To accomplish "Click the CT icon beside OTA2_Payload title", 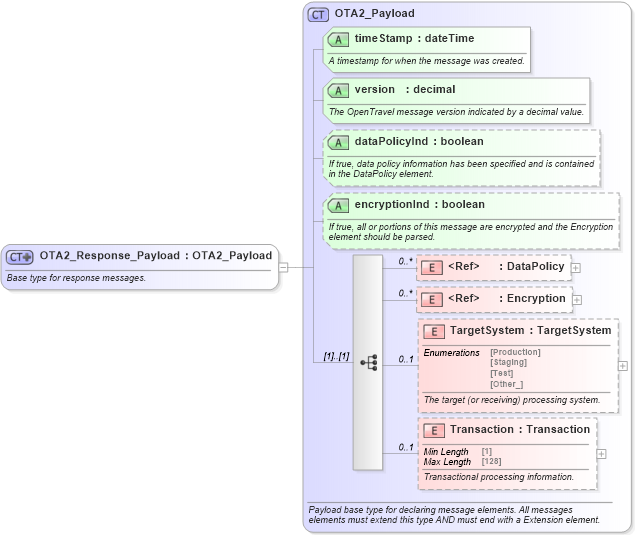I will coord(319,14).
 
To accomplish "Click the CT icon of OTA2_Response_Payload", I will coord(20,256).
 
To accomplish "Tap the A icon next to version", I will coord(339,90).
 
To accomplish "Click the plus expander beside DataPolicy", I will coord(576,268).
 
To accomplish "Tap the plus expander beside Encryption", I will coord(577,299).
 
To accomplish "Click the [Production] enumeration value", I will coord(515,352).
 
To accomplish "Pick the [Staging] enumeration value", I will coord(508,362).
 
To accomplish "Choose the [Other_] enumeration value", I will coord(506,384).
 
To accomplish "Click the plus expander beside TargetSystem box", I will coord(623,366).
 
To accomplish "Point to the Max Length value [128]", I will coord(491,462).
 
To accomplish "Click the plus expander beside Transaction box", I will coord(601,453).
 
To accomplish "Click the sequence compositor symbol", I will coord(368,363).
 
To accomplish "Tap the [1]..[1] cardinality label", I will coord(336,356).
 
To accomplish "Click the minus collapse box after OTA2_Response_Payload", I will coord(283,267).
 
